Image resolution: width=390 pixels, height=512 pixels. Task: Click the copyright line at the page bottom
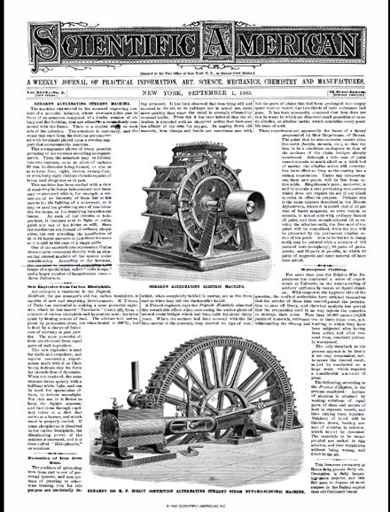[194, 506]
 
